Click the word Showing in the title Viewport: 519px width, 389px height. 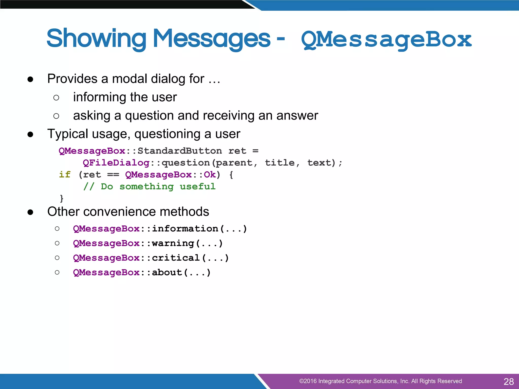(96, 38)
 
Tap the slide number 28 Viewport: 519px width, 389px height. (508, 381)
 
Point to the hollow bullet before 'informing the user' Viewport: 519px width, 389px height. (56, 98)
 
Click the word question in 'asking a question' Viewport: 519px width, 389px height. (149, 116)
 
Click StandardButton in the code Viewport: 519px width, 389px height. (179, 151)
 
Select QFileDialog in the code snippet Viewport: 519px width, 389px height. (116, 163)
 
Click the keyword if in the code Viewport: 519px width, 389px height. (65, 174)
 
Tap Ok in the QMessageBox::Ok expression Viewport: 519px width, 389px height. (210, 174)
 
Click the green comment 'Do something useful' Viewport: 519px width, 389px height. (158, 187)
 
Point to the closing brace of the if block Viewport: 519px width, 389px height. (61, 198)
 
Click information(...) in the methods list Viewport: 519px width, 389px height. (199, 229)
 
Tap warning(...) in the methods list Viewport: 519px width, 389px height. (187, 243)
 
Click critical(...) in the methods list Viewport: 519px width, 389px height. (190, 258)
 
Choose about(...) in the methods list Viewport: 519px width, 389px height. (181, 273)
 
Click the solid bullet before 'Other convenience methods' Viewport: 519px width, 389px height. (30, 212)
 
